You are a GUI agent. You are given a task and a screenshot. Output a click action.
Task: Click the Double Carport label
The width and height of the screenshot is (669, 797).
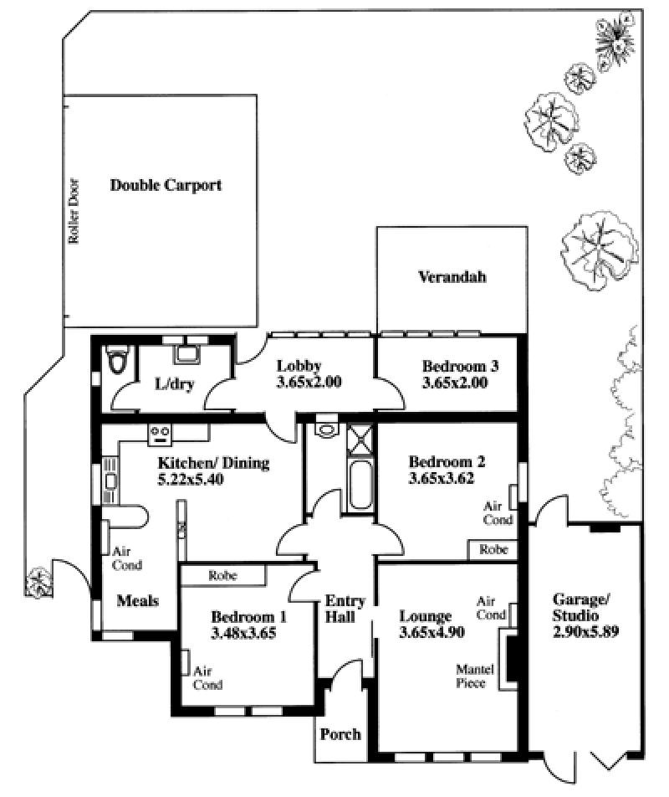pyautogui.click(x=166, y=185)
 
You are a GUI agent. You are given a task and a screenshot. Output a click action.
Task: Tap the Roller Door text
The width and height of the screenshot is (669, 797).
pyautogui.click(x=74, y=211)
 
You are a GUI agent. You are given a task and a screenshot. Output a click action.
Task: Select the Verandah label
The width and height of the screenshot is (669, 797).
pyautogui.click(x=452, y=277)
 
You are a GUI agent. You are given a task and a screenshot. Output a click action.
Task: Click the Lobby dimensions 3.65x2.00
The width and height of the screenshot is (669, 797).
pyautogui.click(x=309, y=383)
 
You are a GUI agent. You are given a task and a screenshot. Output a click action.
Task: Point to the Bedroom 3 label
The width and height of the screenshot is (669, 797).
pyautogui.click(x=461, y=366)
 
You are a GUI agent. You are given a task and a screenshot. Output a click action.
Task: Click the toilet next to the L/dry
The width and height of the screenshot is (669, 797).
pyautogui.click(x=118, y=360)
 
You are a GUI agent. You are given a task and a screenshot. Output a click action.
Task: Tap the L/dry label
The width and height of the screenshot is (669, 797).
pyautogui.click(x=175, y=383)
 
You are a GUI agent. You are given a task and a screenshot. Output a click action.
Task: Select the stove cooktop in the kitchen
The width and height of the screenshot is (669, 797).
pyautogui.click(x=160, y=435)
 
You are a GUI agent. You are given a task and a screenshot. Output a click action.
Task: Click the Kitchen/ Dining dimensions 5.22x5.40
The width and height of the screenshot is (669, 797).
pyautogui.click(x=191, y=480)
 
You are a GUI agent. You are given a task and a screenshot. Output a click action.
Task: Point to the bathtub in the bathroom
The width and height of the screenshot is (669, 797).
pyautogui.click(x=360, y=485)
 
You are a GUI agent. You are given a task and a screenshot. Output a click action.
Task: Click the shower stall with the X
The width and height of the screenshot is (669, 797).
pyautogui.click(x=360, y=439)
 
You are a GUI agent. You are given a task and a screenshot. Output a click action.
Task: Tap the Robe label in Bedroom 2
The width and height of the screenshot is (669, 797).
pyautogui.click(x=493, y=550)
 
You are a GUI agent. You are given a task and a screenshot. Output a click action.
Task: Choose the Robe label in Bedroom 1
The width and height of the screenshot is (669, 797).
pyautogui.click(x=222, y=575)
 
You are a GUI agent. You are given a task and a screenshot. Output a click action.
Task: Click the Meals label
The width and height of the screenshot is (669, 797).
pyautogui.click(x=137, y=601)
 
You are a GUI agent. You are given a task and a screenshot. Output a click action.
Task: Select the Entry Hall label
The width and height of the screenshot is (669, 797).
pyautogui.click(x=345, y=609)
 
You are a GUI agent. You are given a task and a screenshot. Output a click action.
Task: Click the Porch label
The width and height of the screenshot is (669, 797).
pyautogui.click(x=340, y=734)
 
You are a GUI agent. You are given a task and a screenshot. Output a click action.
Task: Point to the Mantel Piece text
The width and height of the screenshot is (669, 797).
pyautogui.click(x=475, y=676)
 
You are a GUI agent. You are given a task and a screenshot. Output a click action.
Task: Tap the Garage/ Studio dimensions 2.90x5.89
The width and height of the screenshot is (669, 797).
pyautogui.click(x=585, y=632)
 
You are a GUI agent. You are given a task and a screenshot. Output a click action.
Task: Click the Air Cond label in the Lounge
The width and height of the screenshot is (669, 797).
pyautogui.click(x=491, y=608)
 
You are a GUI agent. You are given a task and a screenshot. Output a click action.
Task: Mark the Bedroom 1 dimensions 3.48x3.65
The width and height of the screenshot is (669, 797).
pyautogui.click(x=243, y=633)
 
